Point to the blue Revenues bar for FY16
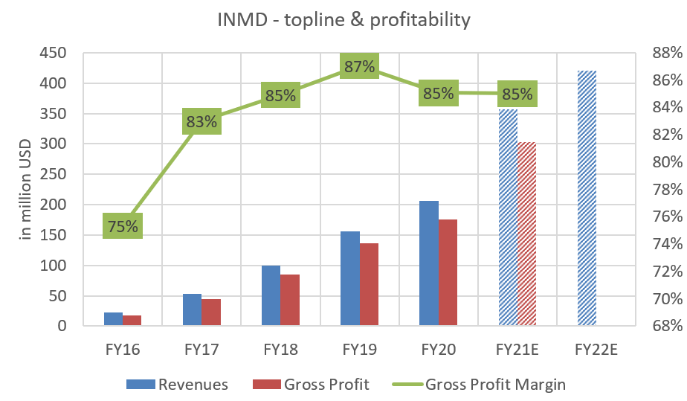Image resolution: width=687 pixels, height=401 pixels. (113, 319)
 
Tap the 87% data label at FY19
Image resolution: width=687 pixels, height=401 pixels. (359, 67)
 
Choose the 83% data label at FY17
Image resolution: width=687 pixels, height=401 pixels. (201, 122)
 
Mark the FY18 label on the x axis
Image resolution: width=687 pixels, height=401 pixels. (280, 349)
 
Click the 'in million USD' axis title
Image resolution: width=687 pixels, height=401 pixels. (25, 191)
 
